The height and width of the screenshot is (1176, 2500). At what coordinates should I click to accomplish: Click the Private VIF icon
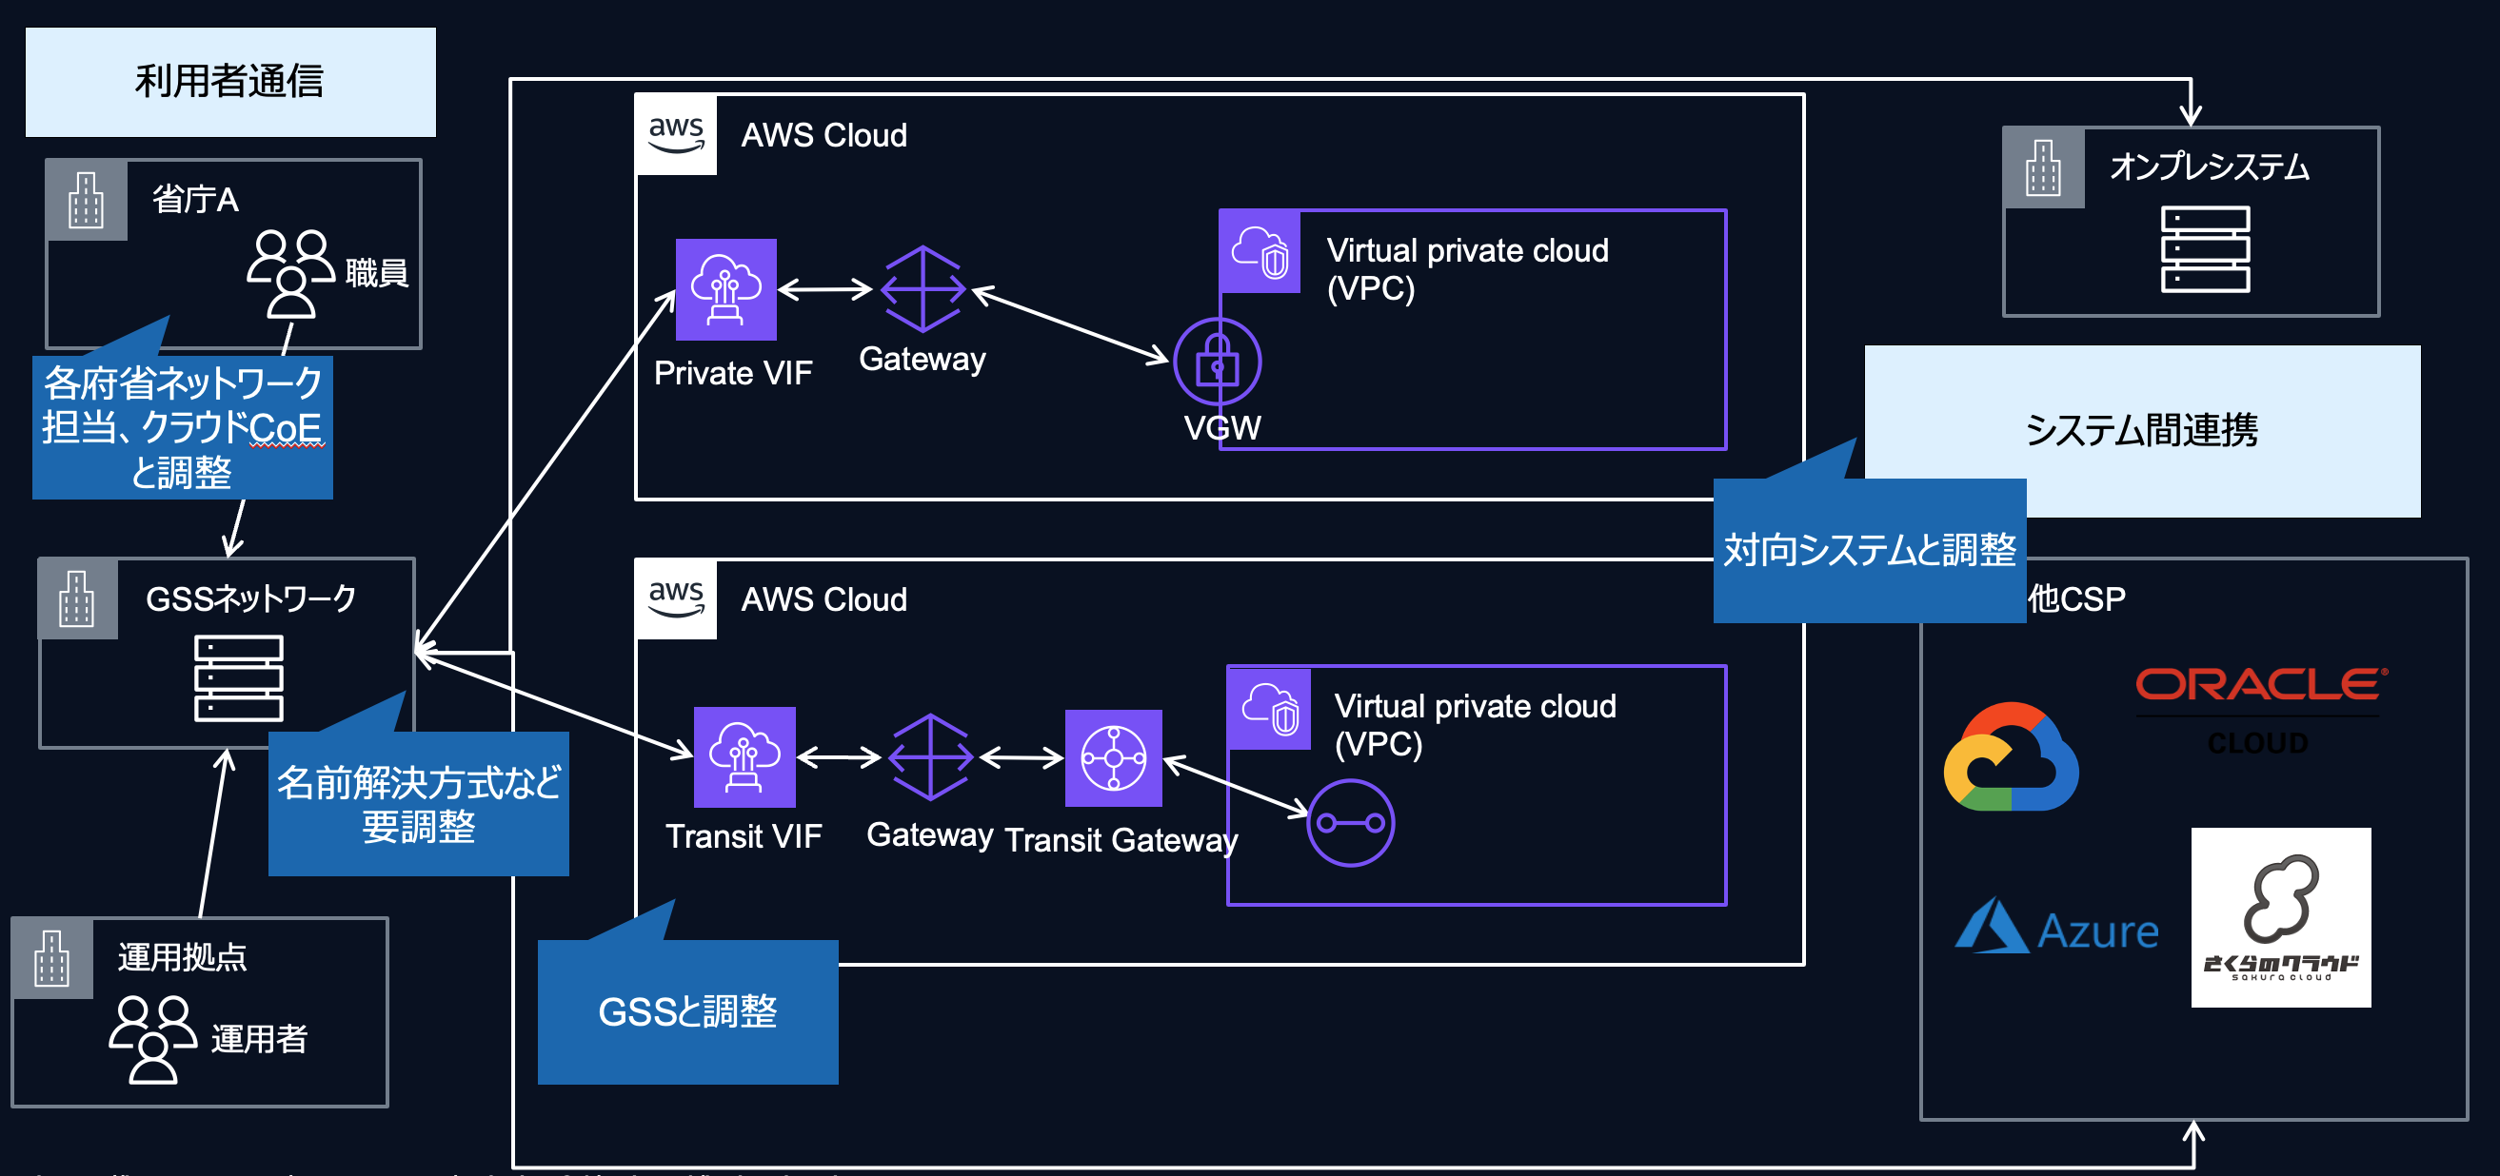pyautogui.click(x=726, y=289)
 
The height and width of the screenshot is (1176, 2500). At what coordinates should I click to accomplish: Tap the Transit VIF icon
pyautogui.click(x=744, y=756)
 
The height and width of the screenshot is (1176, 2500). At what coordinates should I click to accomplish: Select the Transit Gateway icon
pyautogui.click(x=1113, y=757)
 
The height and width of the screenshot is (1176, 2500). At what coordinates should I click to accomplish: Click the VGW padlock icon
pyautogui.click(x=1217, y=362)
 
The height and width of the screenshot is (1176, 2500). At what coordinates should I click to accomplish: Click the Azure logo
pyautogui.click(x=2056, y=929)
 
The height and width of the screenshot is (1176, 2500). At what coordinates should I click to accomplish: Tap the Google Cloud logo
pyautogui.click(x=2011, y=757)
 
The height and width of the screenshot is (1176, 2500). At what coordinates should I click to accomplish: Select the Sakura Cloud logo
pyautogui.click(x=2281, y=917)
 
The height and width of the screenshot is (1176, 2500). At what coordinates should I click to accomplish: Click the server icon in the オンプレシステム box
pyautogui.click(x=2205, y=249)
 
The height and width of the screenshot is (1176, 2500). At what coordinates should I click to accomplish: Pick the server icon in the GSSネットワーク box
pyautogui.click(x=239, y=677)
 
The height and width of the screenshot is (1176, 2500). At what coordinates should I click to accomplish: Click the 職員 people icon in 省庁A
pyautogui.click(x=290, y=273)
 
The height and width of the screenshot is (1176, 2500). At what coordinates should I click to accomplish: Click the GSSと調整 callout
pyautogui.click(x=687, y=1011)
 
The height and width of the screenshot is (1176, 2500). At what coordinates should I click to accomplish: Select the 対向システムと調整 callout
pyautogui.click(x=1869, y=550)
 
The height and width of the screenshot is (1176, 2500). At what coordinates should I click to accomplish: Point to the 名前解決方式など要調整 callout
pyautogui.click(x=418, y=803)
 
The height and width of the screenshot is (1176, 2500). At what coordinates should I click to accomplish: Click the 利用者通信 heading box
pyautogui.click(x=230, y=82)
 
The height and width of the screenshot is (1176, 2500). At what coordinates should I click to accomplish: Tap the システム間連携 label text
pyautogui.click(x=2142, y=430)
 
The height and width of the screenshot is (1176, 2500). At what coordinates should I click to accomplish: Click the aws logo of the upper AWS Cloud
pyautogui.click(x=677, y=134)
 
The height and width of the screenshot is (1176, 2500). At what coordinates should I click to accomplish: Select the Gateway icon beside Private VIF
pyautogui.click(x=923, y=289)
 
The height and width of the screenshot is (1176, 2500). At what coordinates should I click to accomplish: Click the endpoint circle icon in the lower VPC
pyautogui.click(x=1350, y=823)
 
